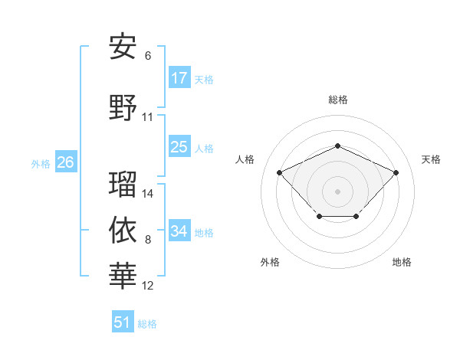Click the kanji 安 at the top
123,47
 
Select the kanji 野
123,108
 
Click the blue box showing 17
179,78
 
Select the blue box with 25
179,147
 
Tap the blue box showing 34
179,231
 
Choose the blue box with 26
65,162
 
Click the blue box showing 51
123,322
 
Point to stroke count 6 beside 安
148,56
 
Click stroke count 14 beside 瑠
148,194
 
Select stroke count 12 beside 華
148,286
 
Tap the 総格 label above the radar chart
337,100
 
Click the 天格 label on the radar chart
431,159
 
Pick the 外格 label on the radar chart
270,262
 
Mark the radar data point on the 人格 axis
280,172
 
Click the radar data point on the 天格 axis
396,172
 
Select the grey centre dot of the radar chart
337,191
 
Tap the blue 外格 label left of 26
41,163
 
